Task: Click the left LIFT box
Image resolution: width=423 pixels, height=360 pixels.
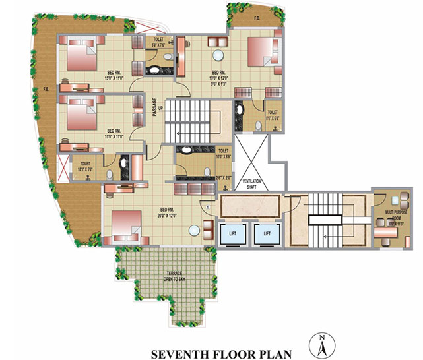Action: point(234,233)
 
